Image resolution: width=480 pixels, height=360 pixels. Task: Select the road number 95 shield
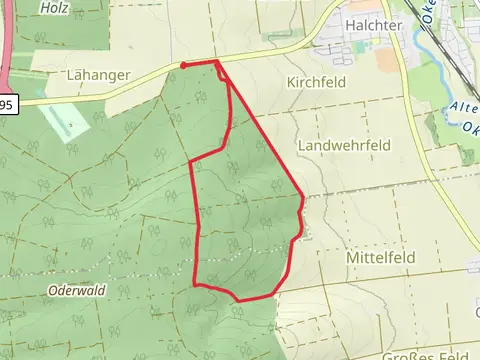[7, 104]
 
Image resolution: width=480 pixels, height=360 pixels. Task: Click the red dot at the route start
[183, 66]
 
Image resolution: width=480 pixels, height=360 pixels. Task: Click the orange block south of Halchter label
[386, 60]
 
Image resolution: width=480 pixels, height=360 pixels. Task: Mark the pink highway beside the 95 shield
[6, 50]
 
